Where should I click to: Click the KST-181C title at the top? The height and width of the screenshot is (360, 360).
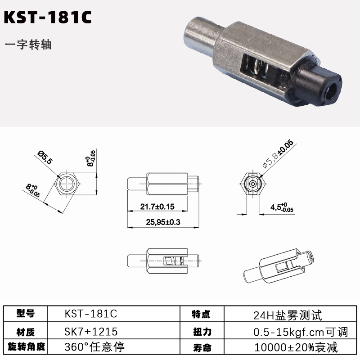click(x=48, y=17)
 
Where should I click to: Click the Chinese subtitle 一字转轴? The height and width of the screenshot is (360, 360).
click(x=28, y=45)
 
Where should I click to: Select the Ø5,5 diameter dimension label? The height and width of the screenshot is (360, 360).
click(x=45, y=157)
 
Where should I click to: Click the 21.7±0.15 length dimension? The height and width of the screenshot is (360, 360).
click(x=157, y=207)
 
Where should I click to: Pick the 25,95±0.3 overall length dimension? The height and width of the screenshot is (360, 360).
click(x=163, y=222)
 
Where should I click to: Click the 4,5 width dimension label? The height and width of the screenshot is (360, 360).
click(x=282, y=207)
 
